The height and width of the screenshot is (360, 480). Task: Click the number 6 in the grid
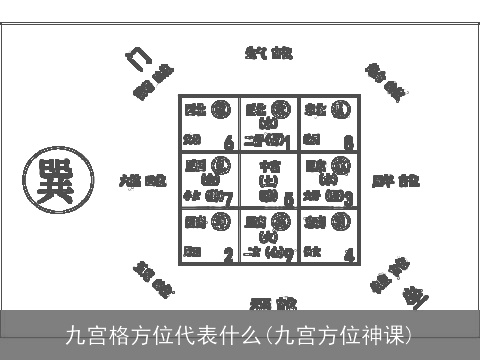[229, 142]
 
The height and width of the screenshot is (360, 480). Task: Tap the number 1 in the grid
[288, 142]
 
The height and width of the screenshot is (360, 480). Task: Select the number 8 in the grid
[348, 142]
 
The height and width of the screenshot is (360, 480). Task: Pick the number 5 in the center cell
[288, 199]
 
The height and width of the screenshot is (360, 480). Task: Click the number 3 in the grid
[348, 198]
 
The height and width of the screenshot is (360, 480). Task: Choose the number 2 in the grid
[229, 255]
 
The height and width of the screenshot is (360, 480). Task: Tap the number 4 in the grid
[348, 255]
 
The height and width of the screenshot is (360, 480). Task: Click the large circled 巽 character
[59, 182]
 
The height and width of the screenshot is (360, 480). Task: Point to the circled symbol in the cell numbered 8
[341, 109]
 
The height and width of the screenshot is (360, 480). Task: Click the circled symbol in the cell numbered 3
[343, 165]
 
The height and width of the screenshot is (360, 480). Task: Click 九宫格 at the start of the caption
[95, 333]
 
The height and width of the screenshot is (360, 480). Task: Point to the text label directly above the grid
[270, 52]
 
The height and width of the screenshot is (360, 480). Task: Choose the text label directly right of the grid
[396, 182]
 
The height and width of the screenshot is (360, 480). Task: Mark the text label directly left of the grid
[143, 182]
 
